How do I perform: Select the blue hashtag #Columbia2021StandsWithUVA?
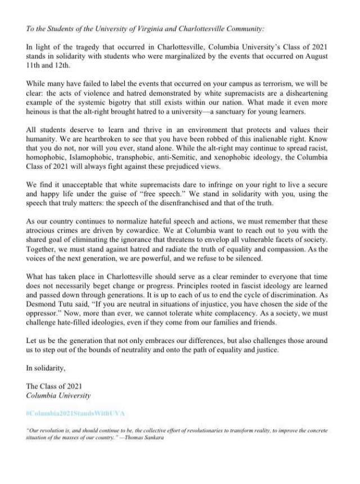75,414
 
